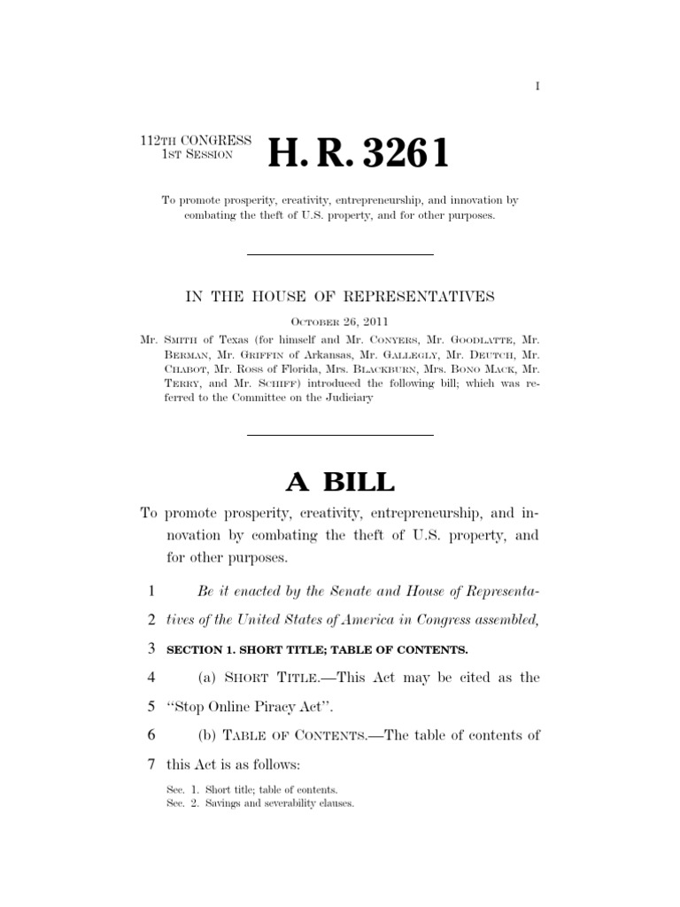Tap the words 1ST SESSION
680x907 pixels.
(197, 155)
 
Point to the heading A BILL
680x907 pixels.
(339, 482)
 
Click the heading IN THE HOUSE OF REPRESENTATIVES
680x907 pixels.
(340, 297)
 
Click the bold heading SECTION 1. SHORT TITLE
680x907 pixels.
(317, 650)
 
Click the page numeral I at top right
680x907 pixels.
(537, 86)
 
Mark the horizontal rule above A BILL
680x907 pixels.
(339, 435)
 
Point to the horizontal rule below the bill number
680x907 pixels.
(339, 255)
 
